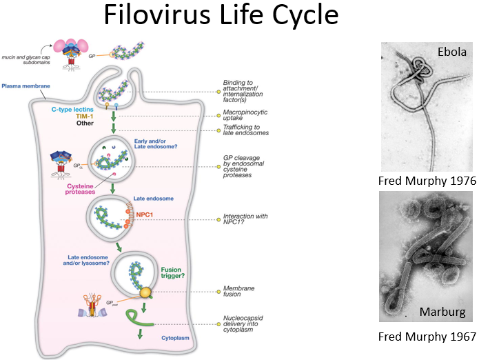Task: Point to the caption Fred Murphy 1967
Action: pyautogui.click(x=428, y=337)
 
